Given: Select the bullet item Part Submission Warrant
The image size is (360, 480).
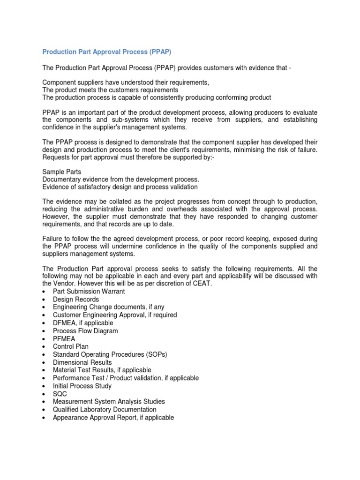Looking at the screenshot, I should (x=89, y=292).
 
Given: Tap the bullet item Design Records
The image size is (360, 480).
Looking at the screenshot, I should (x=75, y=300).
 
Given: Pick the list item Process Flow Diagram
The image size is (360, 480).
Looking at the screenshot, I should (x=85, y=331).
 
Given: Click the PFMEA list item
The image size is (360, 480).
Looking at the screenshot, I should (x=64, y=339).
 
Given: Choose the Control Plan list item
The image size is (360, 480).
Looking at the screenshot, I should (x=70, y=347).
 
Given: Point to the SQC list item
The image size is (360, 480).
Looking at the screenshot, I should (x=60, y=394).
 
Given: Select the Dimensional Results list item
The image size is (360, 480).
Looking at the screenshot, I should (x=82, y=362).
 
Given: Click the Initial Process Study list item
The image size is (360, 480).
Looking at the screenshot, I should (x=82, y=386).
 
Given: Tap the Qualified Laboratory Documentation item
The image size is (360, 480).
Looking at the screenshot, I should (x=105, y=410).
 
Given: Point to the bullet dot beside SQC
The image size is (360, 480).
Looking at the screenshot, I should (x=44, y=394).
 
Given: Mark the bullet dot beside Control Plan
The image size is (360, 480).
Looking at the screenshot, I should (x=44, y=347).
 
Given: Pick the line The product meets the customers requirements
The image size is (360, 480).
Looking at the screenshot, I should (x=110, y=90).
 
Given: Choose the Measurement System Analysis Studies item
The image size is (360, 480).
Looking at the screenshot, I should (x=109, y=402).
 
